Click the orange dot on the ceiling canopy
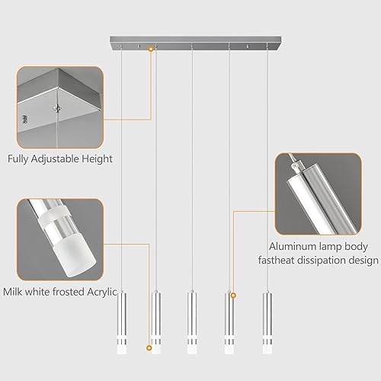(151, 49)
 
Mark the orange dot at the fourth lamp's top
(233, 294)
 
